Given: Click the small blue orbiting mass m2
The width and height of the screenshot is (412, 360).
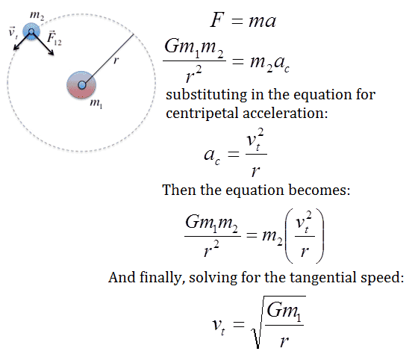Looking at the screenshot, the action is pyautogui.click(x=31, y=31).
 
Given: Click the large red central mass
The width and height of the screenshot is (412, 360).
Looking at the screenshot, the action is pyautogui.click(x=81, y=84).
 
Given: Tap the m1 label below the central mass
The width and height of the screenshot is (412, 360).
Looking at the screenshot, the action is pyautogui.click(x=96, y=103).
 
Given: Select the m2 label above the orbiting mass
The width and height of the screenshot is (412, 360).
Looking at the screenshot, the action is pyautogui.click(x=37, y=15).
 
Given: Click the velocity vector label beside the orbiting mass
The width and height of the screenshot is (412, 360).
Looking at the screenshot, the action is pyautogui.click(x=13, y=32).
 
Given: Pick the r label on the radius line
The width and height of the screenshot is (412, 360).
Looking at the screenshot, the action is pyautogui.click(x=116, y=60).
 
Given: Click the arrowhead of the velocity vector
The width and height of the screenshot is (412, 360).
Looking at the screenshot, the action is pyautogui.click(x=16, y=48).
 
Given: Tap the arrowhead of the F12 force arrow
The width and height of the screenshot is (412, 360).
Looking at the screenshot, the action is pyautogui.click(x=51, y=53).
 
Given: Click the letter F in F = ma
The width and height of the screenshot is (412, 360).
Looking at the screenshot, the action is pyautogui.click(x=216, y=20).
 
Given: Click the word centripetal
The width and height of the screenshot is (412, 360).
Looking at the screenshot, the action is pyautogui.click(x=202, y=114).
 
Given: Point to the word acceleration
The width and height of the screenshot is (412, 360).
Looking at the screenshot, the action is pyautogui.click(x=285, y=113).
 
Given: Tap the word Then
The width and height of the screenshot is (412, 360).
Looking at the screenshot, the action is pyautogui.click(x=179, y=190).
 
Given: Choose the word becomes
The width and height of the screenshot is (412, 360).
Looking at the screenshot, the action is pyautogui.click(x=319, y=190).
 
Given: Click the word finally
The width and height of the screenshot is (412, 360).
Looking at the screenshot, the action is pyautogui.click(x=160, y=278).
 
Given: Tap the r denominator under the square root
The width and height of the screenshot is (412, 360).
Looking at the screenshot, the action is pyautogui.click(x=284, y=341).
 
